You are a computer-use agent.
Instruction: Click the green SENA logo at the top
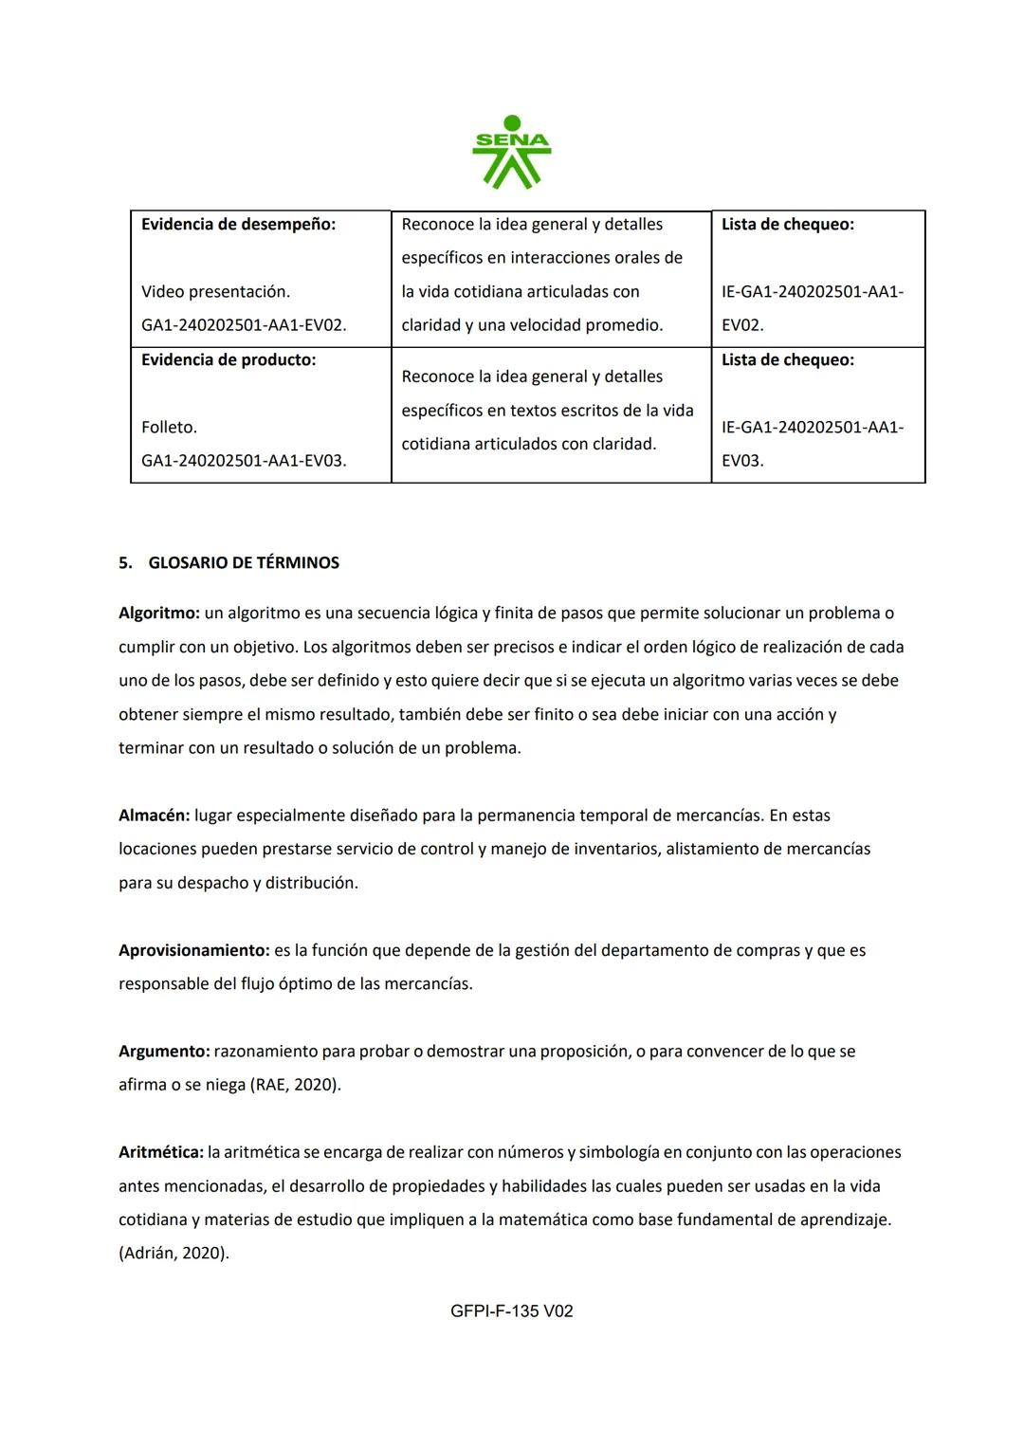point(511,152)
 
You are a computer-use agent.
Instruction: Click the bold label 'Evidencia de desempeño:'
point(238,225)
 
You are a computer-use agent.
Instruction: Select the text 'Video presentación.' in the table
point(215,292)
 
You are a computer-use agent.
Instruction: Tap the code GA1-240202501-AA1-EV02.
point(244,325)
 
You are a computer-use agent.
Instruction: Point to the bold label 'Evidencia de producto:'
point(229,360)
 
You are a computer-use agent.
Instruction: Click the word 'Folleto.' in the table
point(169,428)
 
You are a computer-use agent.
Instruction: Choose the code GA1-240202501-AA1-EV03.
point(244,461)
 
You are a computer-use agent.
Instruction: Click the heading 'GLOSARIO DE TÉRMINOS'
point(244,563)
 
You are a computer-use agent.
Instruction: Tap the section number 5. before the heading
point(125,563)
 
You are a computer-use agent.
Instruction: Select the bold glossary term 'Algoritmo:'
point(158,614)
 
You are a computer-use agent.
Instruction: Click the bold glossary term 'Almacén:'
point(154,816)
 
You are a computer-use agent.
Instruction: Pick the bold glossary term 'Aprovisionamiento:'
point(193,950)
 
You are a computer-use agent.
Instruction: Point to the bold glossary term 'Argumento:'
point(163,1052)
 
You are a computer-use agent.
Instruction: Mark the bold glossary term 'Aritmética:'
point(160,1152)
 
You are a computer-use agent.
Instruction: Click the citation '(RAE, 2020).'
point(296,1085)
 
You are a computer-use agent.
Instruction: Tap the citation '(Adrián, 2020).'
point(174,1254)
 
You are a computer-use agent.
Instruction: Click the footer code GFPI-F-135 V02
point(512,1311)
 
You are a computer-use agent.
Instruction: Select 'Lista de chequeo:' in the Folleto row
point(787,360)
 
